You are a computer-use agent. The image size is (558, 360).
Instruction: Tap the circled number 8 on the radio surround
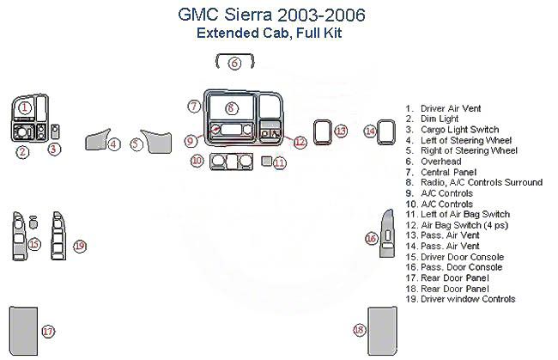point(231,107)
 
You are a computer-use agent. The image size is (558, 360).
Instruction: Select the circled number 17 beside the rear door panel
point(48,331)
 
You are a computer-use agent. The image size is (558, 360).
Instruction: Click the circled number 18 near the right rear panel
point(359,330)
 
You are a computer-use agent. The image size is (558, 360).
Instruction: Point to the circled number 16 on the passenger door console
point(372,238)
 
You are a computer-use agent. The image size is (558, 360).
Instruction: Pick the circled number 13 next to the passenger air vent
point(341,131)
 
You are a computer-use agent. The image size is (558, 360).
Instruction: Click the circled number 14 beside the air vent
point(369,131)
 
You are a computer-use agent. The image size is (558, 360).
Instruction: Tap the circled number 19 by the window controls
point(80,246)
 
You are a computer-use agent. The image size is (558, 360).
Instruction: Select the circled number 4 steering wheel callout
point(113,144)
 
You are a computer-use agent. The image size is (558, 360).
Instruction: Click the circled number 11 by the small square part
point(279,162)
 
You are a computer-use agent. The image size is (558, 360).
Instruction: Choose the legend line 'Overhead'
point(440,161)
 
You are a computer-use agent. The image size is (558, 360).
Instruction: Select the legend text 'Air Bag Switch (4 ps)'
point(463,225)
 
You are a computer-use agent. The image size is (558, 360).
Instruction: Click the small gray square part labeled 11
point(267,161)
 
